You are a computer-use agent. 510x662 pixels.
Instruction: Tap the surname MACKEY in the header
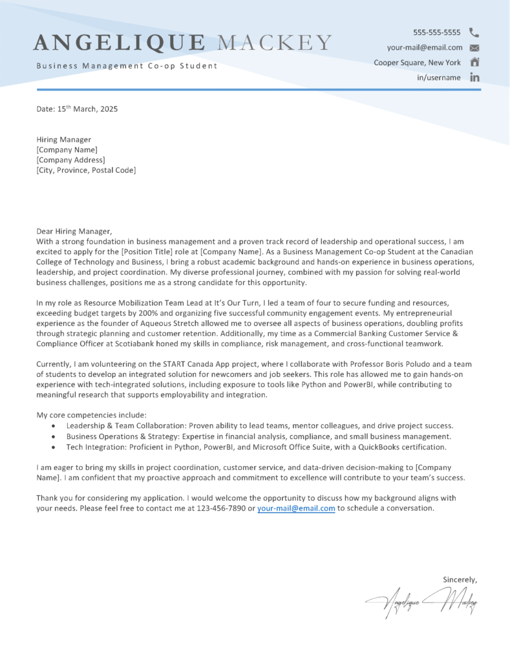[x=275, y=43]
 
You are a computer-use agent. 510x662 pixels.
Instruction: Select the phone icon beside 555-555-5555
[x=474, y=32]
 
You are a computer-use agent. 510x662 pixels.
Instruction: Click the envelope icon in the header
[x=474, y=48]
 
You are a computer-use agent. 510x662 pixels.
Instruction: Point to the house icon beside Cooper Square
[x=474, y=63]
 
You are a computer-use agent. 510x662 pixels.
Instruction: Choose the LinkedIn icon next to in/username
[x=474, y=78]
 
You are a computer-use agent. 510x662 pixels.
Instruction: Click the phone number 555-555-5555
[x=437, y=32]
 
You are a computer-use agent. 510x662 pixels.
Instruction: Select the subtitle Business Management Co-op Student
[x=127, y=66]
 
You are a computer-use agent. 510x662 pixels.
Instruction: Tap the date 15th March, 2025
[x=87, y=109]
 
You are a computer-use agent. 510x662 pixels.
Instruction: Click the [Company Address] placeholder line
[x=70, y=160]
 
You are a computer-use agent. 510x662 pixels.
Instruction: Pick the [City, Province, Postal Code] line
[x=86, y=171]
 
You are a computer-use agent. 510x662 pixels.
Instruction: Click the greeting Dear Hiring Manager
[x=74, y=231]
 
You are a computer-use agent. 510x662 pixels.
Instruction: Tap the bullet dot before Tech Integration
[x=52, y=447]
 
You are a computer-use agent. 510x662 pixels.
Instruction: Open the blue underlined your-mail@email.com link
[x=296, y=508]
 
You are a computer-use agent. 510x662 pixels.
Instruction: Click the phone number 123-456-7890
[x=218, y=508]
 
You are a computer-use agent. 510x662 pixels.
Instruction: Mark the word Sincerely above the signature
[x=460, y=579]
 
